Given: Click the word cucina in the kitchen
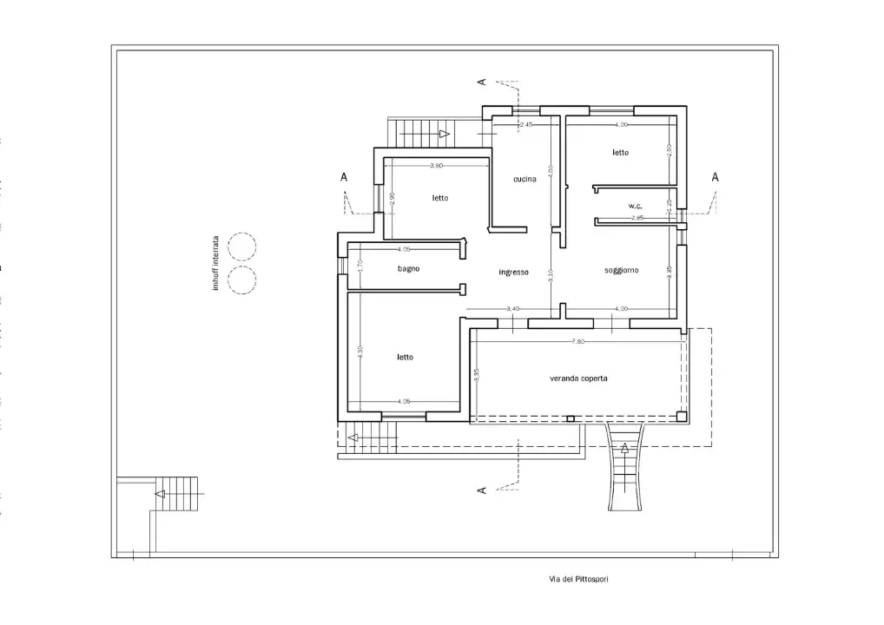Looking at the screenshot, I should tap(524, 180).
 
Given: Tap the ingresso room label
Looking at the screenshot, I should tap(513, 272).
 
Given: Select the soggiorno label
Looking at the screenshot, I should tap(622, 270).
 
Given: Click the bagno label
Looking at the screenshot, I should tap(409, 268).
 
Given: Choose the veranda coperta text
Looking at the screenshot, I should tap(578, 378).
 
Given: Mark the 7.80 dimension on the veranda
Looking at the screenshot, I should tap(578, 342).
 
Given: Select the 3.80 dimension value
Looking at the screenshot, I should tap(437, 165).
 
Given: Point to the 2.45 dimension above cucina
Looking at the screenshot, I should tap(524, 126).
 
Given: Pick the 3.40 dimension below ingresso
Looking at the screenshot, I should tap(512, 310).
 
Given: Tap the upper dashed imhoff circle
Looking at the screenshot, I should tap(241, 247).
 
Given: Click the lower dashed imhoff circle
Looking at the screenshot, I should tap(241, 280).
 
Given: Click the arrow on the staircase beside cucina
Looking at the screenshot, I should tap(444, 134).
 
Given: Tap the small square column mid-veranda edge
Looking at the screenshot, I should tap(570, 419).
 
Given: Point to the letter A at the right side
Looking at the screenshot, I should tap(715, 177).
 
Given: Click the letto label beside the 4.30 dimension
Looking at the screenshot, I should tap(406, 357).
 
